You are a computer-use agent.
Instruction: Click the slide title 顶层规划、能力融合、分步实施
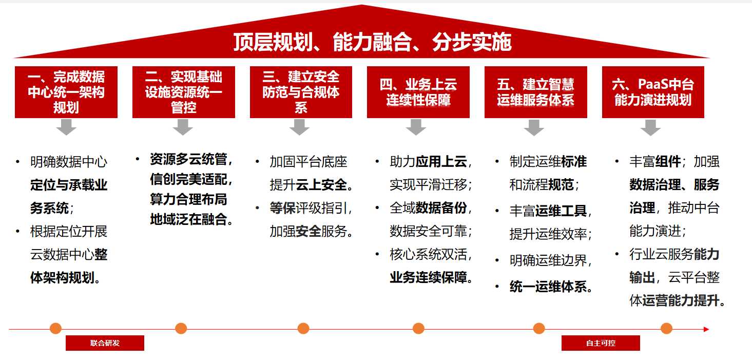click(372, 42)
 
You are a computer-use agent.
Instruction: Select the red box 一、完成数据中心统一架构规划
click(66, 92)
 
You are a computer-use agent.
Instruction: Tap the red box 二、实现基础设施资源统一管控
click(184, 92)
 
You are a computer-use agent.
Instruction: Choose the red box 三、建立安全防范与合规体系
click(301, 92)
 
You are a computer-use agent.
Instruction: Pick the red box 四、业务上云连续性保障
click(418, 92)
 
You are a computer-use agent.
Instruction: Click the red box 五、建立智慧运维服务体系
click(536, 92)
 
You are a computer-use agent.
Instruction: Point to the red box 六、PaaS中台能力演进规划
click(653, 92)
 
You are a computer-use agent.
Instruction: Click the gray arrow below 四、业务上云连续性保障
click(416, 127)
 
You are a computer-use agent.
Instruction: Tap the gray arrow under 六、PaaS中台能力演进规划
click(650, 127)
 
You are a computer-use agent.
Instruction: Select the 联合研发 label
click(105, 343)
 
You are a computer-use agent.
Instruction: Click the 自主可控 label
click(601, 343)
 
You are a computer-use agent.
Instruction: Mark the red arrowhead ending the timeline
click(706, 329)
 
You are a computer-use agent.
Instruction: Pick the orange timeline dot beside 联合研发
click(56, 329)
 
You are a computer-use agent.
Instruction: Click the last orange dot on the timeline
click(666, 329)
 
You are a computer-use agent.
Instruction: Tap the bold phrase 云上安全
click(321, 185)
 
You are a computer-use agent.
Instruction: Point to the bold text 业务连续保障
click(429, 277)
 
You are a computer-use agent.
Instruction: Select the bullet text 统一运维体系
click(548, 287)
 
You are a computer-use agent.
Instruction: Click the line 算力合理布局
click(189, 199)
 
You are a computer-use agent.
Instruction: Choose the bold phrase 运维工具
click(561, 211)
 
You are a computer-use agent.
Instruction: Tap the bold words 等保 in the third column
click(283, 208)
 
